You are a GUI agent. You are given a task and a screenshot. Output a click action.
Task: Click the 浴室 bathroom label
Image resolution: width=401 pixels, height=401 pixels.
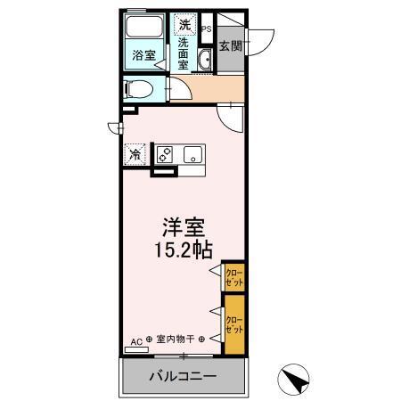point(140,54)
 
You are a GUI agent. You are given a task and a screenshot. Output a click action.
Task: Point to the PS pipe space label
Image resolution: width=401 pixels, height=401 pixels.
point(206,29)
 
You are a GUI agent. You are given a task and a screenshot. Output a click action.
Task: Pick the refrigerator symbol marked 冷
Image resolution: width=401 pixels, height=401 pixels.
point(135,154)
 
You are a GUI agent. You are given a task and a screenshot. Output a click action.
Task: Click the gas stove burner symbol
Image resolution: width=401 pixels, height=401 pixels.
point(165,154)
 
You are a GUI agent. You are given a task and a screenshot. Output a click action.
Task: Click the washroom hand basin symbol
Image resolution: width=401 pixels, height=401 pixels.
point(206,61)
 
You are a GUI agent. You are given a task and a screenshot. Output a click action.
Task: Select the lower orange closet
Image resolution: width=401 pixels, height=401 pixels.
point(233,325)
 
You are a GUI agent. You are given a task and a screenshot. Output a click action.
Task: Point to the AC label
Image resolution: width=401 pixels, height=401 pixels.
point(136,340)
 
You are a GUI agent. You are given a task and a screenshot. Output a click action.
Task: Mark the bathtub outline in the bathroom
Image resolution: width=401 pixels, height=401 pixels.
point(141,27)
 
